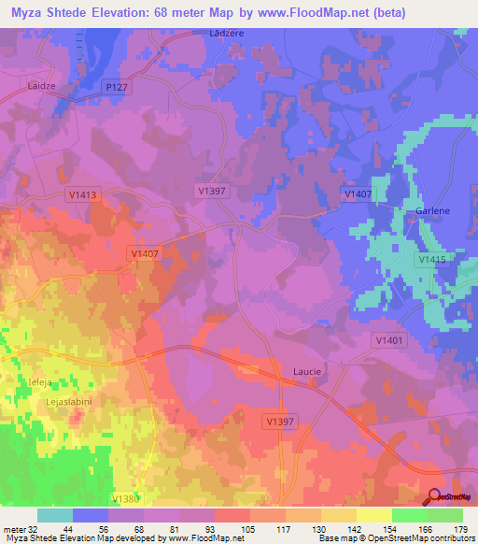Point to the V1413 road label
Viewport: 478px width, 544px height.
coord(83,194)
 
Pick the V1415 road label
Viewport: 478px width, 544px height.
coord(432,259)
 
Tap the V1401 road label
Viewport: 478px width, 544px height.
coord(389,341)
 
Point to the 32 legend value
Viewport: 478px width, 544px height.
coord(33,530)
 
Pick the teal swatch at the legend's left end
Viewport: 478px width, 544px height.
coord(55,515)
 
